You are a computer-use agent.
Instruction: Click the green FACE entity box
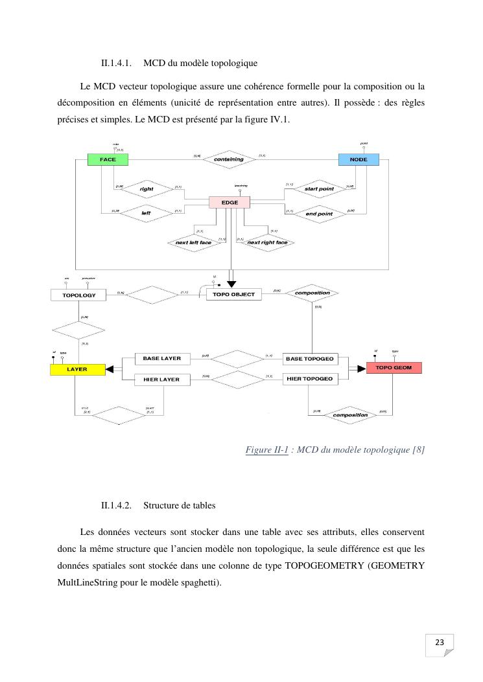pos(108,159)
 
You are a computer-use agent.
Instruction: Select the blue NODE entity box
pos(359,159)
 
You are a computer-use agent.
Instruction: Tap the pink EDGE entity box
pos(230,202)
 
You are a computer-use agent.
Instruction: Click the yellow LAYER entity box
pos(77,369)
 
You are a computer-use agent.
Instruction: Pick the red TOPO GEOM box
pos(394,368)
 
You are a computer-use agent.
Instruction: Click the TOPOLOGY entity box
pos(78,295)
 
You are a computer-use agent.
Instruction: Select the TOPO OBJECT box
pos(233,295)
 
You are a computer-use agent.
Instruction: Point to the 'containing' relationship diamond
pos(229,159)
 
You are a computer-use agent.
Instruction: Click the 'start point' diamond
pos(318,188)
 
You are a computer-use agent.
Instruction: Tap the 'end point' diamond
pos(318,213)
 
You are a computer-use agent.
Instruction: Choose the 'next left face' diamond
pos(193,243)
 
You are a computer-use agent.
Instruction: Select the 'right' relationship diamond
pos(146,188)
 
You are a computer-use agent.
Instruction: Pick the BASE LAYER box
pos(161,358)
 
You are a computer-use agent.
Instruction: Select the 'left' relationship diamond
pos(146,212)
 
